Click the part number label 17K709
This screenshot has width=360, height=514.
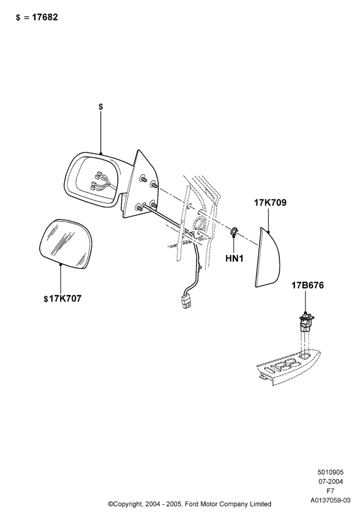270,203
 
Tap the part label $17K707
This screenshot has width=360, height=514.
62,299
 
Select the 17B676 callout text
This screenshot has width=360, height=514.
308,285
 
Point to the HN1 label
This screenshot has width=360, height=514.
235,259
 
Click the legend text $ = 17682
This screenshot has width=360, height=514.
37,17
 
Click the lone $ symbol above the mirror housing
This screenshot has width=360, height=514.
101,106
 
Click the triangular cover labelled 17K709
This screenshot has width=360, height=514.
268,258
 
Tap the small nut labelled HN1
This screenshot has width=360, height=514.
233,231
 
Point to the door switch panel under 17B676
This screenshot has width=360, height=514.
288,368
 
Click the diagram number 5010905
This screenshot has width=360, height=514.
330,472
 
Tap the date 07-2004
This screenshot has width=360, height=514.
330,482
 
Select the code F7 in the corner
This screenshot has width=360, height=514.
330,491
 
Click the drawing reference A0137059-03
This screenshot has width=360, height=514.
330,500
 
